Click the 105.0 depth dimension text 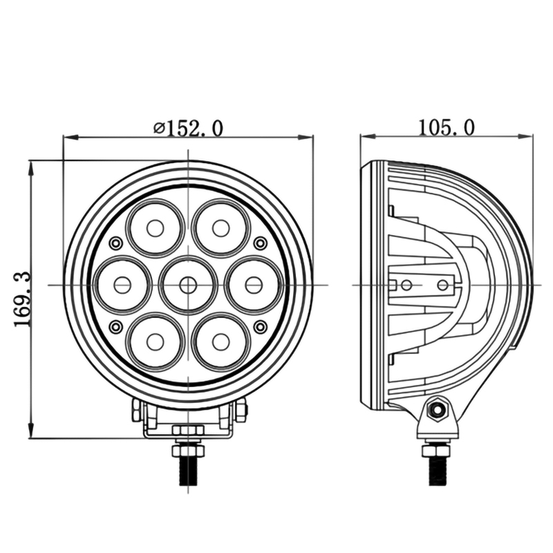[x=446, y=127]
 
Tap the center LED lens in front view [x=187, y=284]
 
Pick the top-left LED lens [x=155, y=227]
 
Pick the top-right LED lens [x=221, y=227]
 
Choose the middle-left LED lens [x=122, y=284]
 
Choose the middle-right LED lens [x=253, y=284]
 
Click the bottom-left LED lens [x=155, y=341]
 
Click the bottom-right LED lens [x=221, y=341]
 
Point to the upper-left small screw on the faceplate [x=115, y=243]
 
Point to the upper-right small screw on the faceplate [x=260, y=243]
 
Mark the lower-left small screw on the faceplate [x=115, y=326]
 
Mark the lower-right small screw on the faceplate [x=260, y=326]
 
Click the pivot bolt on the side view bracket [x=436, y=410]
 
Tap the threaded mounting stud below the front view [x=188, y=470]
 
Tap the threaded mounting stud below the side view [x=437, y=470]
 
